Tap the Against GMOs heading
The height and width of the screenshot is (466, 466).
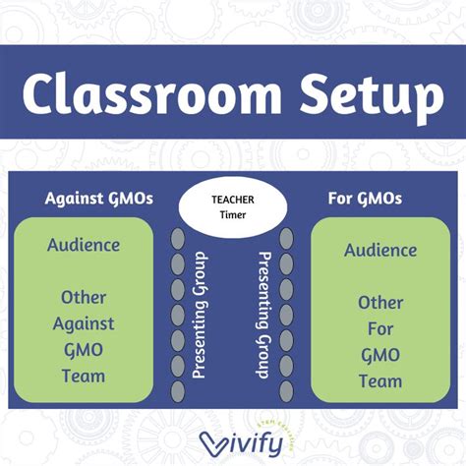99,198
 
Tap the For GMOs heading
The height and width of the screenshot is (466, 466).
364,198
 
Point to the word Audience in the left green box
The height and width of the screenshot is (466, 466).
84,245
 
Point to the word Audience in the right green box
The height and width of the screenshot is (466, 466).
379,250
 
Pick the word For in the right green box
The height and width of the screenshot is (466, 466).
379,328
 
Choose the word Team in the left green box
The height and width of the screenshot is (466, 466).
84,375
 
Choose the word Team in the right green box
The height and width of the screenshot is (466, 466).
379,380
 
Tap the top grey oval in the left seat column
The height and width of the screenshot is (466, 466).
177,239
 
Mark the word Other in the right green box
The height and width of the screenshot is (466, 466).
379,303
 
